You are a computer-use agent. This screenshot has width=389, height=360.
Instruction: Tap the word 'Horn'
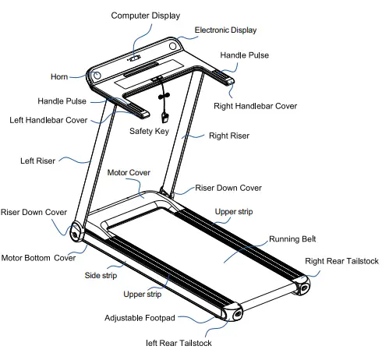[58, 77]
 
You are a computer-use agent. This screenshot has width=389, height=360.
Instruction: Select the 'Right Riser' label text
[228, 136]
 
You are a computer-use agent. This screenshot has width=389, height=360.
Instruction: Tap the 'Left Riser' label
[37, 161]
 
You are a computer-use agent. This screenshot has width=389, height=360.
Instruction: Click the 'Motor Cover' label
[128, 171]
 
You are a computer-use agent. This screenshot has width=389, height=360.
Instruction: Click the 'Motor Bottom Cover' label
[38, 258]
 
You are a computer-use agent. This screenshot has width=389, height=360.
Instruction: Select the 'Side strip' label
[101, 275]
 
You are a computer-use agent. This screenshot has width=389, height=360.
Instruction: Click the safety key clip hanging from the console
[165, 117]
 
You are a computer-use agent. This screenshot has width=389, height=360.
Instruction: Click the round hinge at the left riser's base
[76, 232]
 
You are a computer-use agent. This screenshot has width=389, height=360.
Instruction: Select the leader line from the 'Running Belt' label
[249, 248]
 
